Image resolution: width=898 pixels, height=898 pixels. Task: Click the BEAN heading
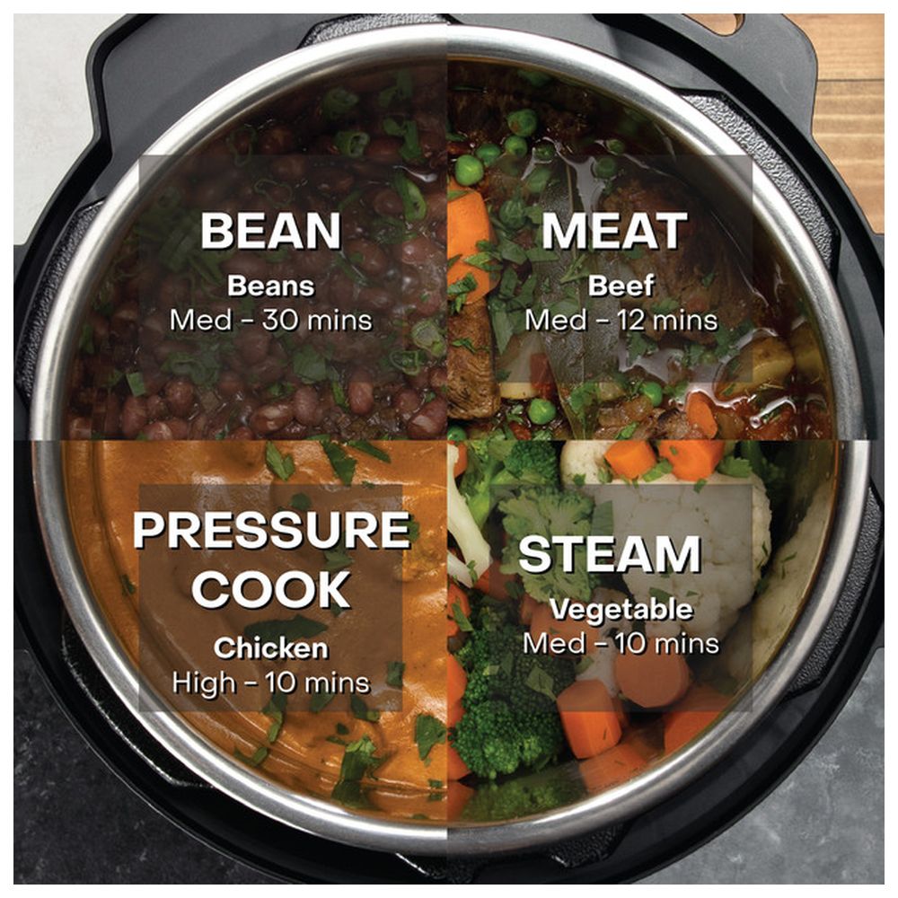[x=270, y=231]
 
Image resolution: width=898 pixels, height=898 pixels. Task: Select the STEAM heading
[x=609, y=554]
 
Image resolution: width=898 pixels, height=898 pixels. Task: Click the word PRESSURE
[x=271, y=531]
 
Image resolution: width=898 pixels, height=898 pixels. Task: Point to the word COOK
[x=271, y=590]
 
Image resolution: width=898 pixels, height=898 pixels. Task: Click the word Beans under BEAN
[x=270, y=286]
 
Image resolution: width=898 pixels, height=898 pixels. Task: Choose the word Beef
[x=621, y=286]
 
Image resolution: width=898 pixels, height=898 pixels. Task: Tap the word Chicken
[x=271, y=647]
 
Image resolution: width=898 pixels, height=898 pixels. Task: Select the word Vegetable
[x=621, y=611]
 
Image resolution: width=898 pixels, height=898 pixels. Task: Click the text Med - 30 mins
[x=270, y=320]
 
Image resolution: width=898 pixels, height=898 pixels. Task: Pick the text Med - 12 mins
[x=621, y=320]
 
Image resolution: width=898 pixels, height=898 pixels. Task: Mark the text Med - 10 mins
[x=621, y=643]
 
